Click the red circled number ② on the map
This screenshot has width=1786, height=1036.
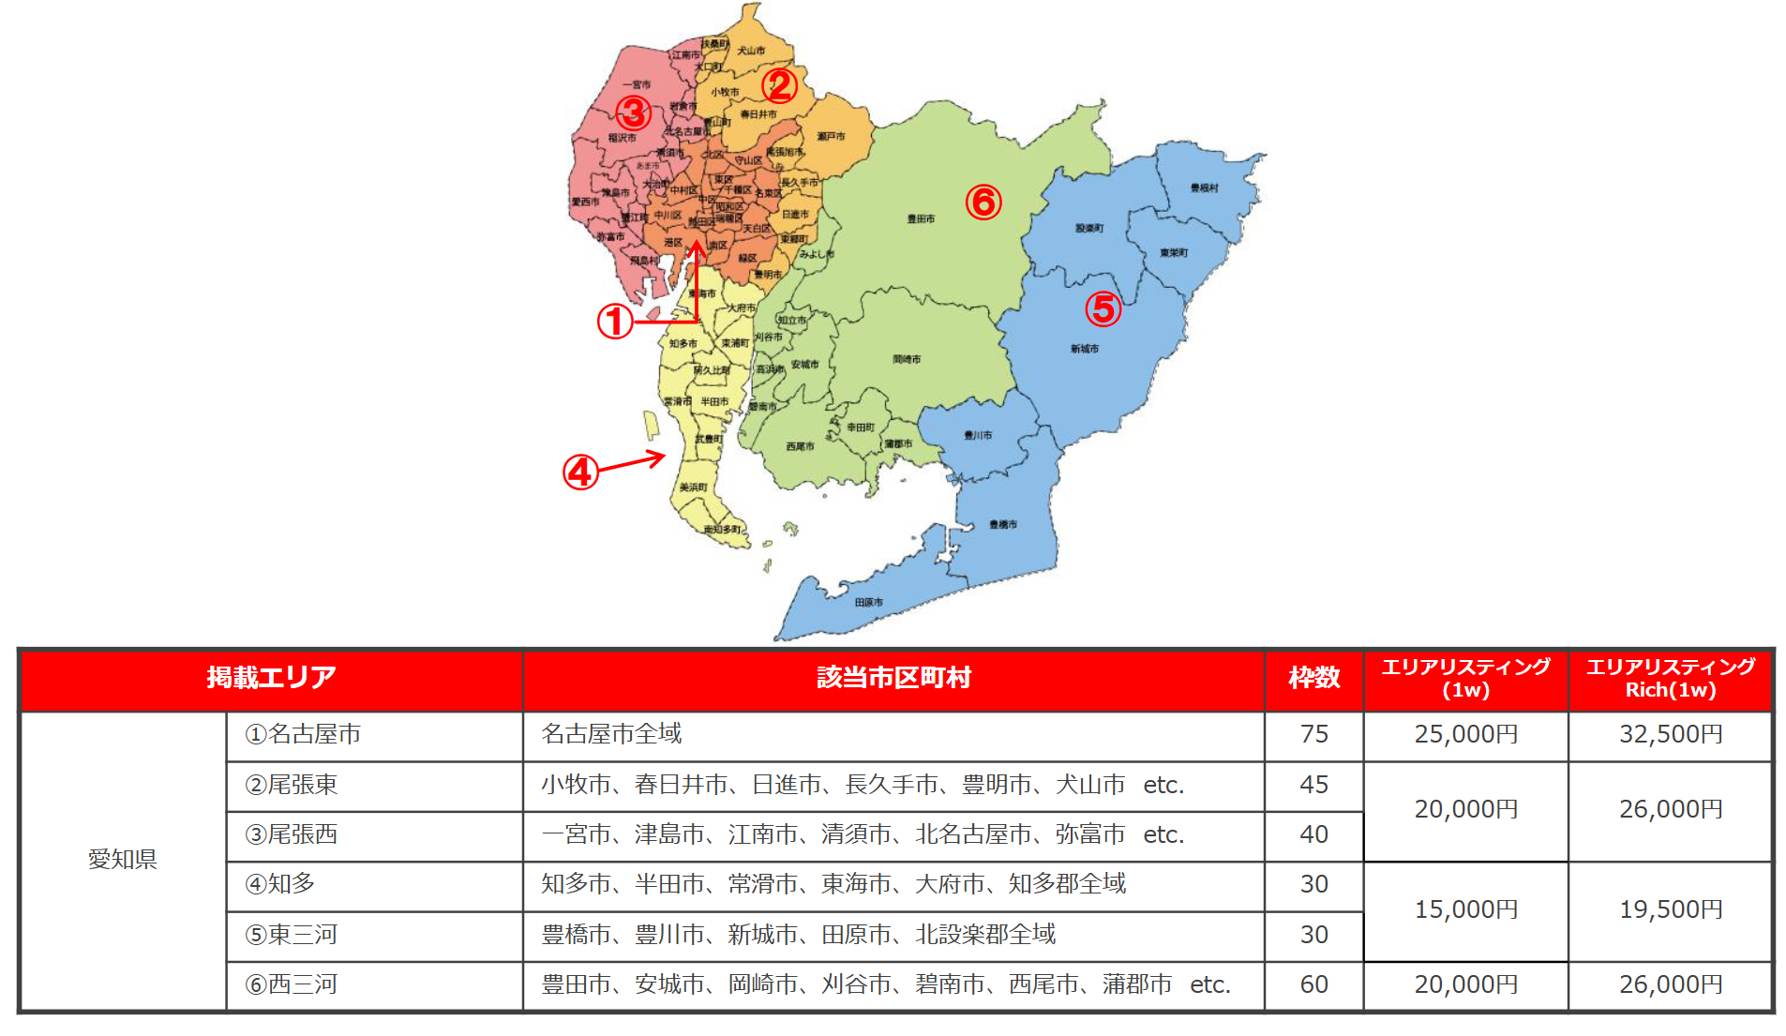click(779, 86)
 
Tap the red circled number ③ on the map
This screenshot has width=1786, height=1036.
click(634, 113)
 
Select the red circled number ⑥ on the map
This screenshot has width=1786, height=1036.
click(983, 202)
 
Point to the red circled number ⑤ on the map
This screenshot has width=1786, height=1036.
click(1103, 308)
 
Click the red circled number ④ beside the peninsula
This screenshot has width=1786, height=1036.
click(580, 472)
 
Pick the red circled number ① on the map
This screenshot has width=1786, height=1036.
click(615, 323)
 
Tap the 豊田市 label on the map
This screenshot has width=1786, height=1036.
click(921, 218)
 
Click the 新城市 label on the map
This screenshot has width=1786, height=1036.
click(1084, 349)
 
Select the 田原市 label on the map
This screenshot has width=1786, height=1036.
click(868, 602)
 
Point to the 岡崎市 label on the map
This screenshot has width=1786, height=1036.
click(907, 359)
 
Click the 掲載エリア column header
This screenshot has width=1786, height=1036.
click(271, 678)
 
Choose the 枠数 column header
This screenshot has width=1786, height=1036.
click(1313, 678)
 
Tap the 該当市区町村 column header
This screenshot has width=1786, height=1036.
click(893, 678)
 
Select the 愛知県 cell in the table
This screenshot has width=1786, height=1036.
click(123, 859)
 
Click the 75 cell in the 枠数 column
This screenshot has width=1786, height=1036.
click(1313, 734)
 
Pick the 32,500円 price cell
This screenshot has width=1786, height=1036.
click(1671, 734)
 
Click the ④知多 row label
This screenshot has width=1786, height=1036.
click(280, 884)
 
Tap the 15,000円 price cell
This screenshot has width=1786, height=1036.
click(1465, 909)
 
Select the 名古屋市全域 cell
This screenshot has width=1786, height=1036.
click(611, 734)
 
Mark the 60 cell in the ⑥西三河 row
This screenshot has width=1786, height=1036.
click(1313, 984)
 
